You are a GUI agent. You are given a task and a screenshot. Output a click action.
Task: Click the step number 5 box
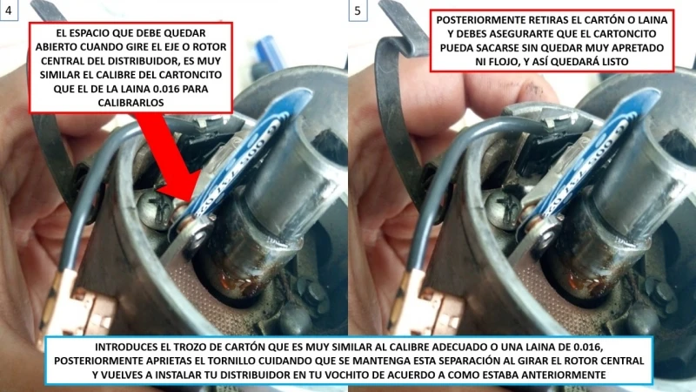pos(359,11)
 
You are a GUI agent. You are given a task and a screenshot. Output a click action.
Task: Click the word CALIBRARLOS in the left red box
pos(131,102)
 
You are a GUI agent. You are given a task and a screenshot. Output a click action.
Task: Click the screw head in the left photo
pos(157,210)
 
